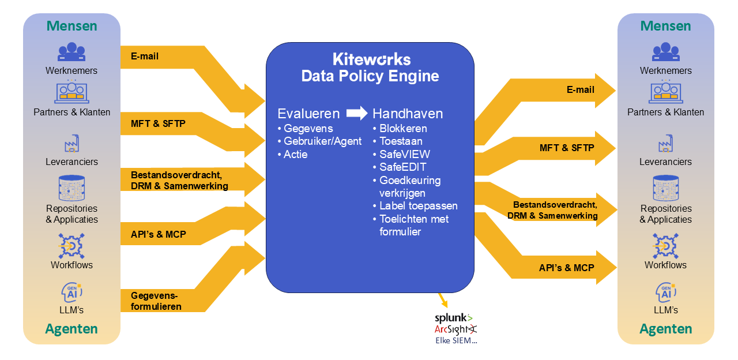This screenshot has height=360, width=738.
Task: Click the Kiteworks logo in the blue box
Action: click(x=371, y=59)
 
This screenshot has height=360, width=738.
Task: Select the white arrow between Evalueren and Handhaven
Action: click(x=357, y=113)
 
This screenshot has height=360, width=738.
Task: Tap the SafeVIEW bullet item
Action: click(x=404, y=154)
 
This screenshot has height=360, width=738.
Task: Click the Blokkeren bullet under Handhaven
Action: click(x=403, y=128)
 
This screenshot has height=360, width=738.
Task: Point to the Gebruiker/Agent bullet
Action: click(x=322, y=141)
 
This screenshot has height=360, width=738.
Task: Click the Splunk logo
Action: click(x=454, y=317)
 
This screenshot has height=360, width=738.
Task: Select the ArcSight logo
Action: click(x=456, y=329)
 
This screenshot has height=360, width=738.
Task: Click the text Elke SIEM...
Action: click(x=456, y=340)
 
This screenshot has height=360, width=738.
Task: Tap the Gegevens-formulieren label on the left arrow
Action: click(x=156, y=301)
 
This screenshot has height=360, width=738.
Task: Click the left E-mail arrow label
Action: click(x=145, y=57)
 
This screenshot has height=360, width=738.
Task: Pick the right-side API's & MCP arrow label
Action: click(x=566, y=268)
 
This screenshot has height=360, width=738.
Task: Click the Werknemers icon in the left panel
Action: click(x=71, y=52)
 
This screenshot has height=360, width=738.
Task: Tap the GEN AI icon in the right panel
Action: click(x=666, y=292)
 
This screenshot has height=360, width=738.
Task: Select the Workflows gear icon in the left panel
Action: click(x=71, y=246)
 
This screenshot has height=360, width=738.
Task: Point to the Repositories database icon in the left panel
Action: click(x=71, y=188)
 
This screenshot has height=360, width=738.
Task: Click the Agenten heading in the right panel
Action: click(x=666, y=329)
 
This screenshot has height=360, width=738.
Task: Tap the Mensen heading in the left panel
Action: click(x=71, y=26)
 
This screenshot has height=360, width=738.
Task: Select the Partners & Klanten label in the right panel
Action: click(x=666, y=112)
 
